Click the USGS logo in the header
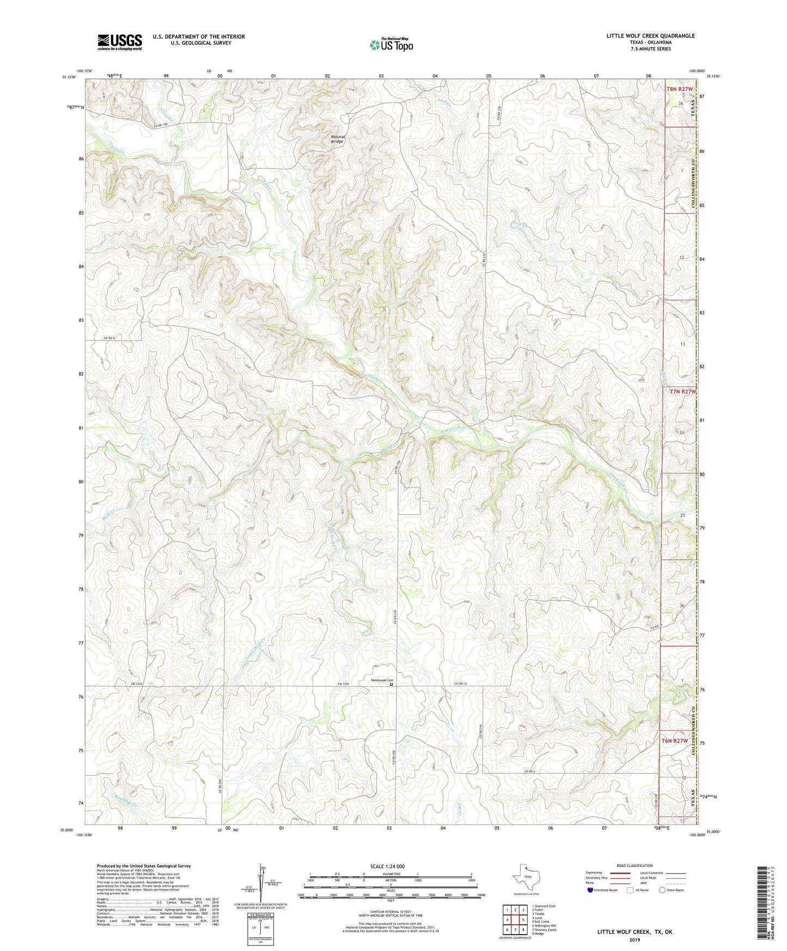click(120, 42)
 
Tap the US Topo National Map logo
click(391, 45)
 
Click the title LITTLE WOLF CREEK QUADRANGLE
click(650, 36)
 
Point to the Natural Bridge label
click(338, 139)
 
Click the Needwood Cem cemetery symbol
click(391, 685)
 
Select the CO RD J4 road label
click(461, 684)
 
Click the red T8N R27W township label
click(680, 89)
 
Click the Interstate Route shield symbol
click(590, 890)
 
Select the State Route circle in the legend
click(662, 890)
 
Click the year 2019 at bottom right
click(635, 940)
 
